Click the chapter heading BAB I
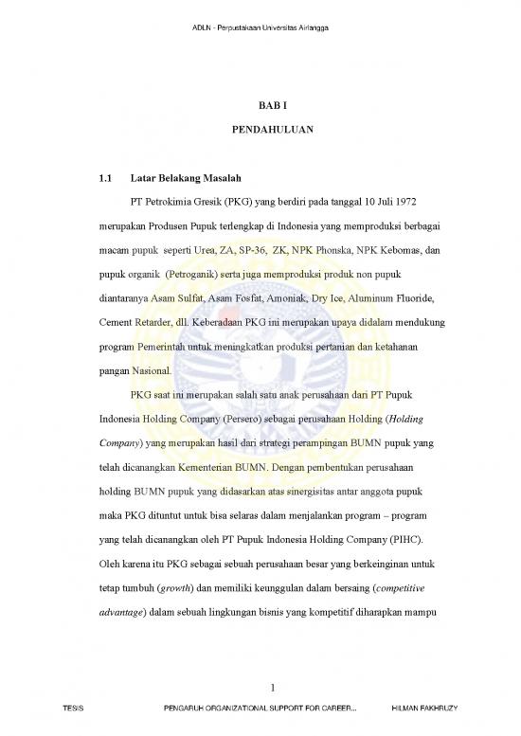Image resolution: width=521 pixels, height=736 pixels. pos(260,110)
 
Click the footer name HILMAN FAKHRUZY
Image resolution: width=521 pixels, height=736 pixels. pos(425,727)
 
